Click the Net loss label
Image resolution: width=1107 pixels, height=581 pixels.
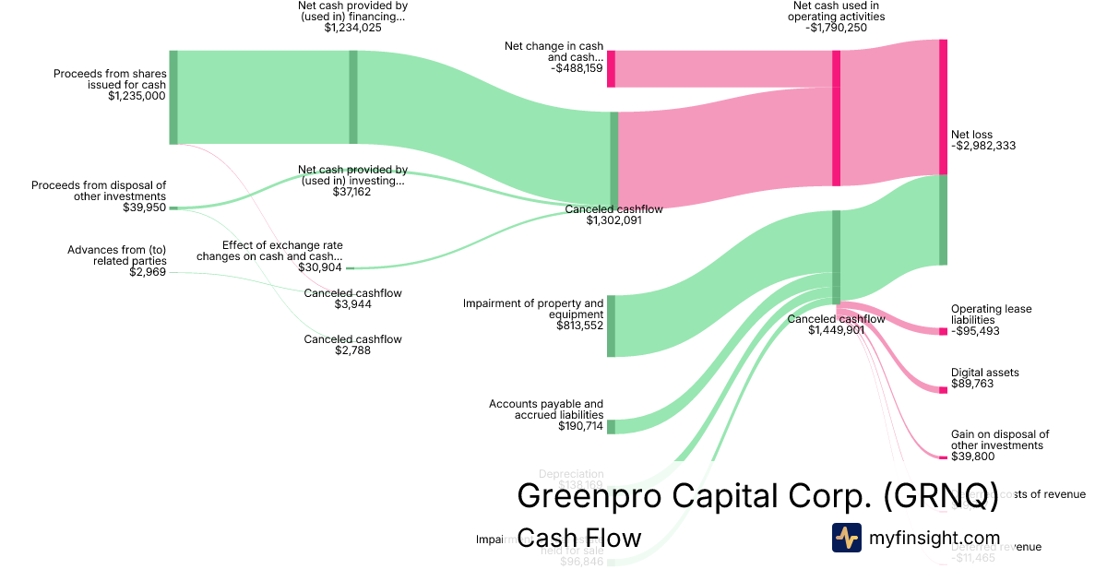(972, 135)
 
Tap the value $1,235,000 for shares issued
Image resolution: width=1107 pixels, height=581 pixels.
(137, 96)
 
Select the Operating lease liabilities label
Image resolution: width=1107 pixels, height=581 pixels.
(991, 314)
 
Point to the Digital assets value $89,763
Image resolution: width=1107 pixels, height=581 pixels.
(972, 384)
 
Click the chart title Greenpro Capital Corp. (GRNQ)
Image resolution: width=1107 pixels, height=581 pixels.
(757, 495)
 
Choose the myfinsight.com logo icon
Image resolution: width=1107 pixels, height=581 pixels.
(846, 538)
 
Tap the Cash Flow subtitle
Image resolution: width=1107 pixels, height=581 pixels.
(578, 538)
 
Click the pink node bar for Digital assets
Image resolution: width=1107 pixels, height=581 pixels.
(943, 390)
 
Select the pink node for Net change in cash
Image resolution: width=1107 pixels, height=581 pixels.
(611, 69)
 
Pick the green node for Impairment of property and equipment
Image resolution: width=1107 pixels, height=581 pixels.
(611, 326)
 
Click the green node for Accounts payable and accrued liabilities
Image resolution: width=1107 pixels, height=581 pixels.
(611, 426)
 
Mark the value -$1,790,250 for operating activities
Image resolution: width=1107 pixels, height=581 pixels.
(836, 28)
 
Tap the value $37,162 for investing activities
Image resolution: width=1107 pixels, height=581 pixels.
(352, 192)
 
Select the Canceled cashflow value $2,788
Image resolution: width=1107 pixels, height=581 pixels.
(352, 350)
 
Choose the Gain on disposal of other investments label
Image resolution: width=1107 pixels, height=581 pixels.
(1000, 440)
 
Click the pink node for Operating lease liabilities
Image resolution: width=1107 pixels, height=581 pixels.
(943, 331)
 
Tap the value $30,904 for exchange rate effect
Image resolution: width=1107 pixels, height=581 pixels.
(320, 267)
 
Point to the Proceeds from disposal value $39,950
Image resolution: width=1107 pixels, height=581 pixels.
(144, 207)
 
